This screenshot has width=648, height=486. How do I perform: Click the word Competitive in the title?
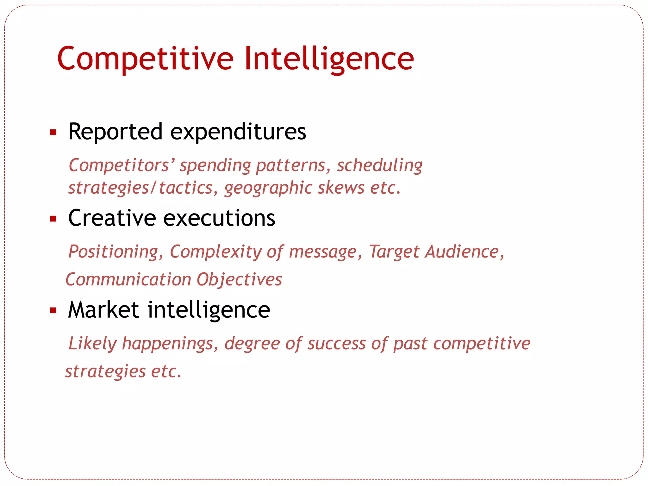click(x=145, y=59)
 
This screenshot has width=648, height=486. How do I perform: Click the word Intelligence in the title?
click(x=329, y=59)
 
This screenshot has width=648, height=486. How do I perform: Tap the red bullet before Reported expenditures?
click(x=53, y=132)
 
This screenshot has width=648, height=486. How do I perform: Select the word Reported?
click(x=115, y=132)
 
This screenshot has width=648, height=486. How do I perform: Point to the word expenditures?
click(x=238, y=132)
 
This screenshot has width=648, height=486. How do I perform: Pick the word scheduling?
click(x=379, y=165)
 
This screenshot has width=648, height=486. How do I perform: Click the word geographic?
click(x=268, y=188)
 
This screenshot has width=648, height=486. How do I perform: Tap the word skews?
click(x=341, y=188)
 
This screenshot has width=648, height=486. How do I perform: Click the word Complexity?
click(x=215, y=252)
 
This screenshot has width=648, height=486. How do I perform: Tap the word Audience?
click(x=462, y=252)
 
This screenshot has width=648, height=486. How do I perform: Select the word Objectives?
click(x=239, y=280)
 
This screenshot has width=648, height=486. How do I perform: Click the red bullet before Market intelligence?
click(x=53, y=311)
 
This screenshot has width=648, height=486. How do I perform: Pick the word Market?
click(x=103, y=310)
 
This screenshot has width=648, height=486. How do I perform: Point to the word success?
click(x=336, y=344)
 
